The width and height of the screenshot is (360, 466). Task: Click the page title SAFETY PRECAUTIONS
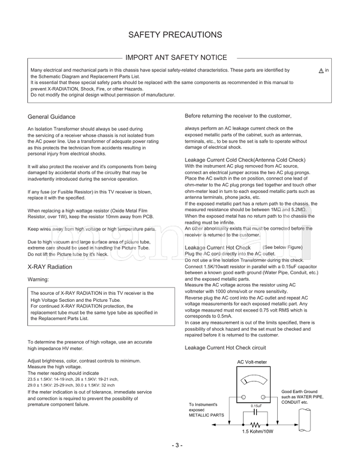click(x=175, y=35)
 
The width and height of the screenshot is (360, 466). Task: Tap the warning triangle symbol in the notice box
click(x=321, y=71)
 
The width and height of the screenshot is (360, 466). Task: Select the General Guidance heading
click(x=52, y=117)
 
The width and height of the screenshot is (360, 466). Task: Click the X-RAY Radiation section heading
click(x=50, y=267)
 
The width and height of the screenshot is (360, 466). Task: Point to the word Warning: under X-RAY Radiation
click(x=38, y=280)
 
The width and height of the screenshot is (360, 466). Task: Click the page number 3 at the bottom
click(x=177, y=445)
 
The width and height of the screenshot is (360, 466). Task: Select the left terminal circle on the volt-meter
click(x=243, y=397)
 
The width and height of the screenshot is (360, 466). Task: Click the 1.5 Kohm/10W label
click(x=255, y=433)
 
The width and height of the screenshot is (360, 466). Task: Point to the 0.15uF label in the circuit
click(x=256, y=406)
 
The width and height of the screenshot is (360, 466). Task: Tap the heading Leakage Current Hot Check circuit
click(x=225, y=348)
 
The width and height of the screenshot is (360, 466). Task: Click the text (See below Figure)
click(x=283, y=247)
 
